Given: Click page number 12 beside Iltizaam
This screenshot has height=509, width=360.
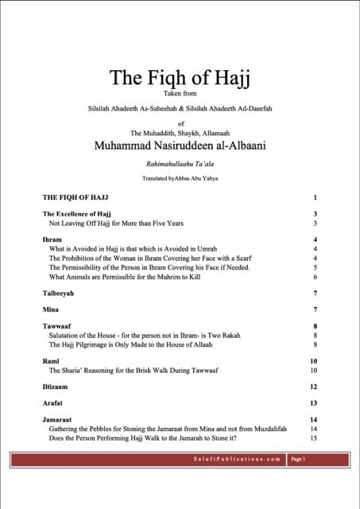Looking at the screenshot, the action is pos(314,387).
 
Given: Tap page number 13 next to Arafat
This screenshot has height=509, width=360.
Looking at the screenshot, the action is pos(314,403).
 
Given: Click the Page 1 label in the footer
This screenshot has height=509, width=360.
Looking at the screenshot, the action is pos(299,460).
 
